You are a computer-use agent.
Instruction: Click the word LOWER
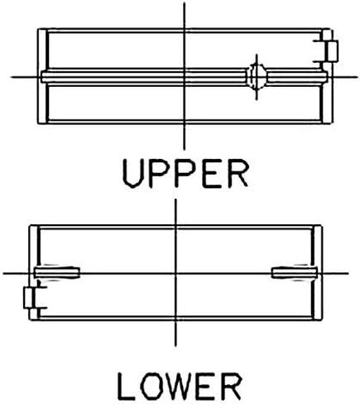point(180,387)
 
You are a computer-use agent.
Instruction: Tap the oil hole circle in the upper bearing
point(257,77)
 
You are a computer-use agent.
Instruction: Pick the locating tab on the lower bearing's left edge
point(28,297)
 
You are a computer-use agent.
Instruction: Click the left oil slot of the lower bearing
point(57,273)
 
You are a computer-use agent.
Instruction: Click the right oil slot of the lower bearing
point(295,273)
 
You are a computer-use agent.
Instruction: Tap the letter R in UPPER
point(238,174)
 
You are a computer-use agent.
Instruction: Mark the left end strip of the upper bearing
point(42,76)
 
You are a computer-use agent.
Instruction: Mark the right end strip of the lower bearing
point(317,273)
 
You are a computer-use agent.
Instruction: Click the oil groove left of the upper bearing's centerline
point(113,77)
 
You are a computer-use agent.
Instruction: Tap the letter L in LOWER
point(127,387)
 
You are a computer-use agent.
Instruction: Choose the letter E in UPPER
point(212,174)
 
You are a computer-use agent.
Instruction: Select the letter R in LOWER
point(232,387)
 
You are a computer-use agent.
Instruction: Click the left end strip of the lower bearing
point(34,273)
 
